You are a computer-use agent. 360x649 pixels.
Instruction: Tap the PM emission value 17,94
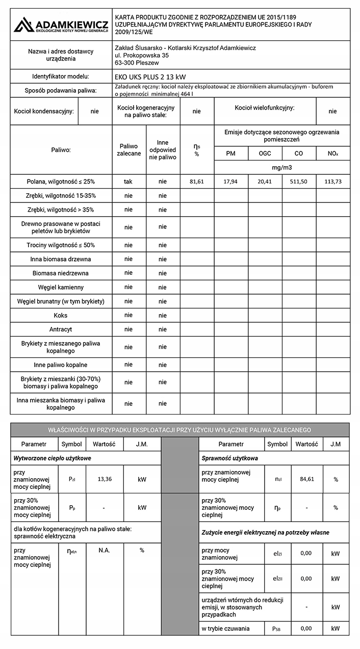[x=231, y=181]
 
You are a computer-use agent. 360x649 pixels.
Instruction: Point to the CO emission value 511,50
[x=299, y=181]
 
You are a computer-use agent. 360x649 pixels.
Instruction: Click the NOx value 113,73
[x=332, y=181]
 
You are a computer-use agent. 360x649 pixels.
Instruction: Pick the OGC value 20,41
[x=265, y=181]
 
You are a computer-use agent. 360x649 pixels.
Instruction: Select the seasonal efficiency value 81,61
[x=196, y=181]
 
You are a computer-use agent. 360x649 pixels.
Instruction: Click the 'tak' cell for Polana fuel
[x=128, y=181]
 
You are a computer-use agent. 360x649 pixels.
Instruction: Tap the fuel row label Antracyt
[x=61, y=329]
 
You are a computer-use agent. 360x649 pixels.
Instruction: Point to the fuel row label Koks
[x=61, y=316]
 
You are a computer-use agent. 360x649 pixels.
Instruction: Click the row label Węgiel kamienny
[x=61, y=288]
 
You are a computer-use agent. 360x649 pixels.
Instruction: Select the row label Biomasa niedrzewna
[x=61, y=273]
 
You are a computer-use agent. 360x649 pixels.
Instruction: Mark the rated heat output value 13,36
[x=104, y=479]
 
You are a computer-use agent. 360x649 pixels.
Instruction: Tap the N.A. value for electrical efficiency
[x=104, y=550]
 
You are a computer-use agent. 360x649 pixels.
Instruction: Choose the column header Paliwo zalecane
[x=128, y=150]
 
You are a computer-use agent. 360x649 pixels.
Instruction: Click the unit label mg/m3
[x=282, y=167]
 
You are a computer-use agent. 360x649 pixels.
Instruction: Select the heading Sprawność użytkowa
[x=230, y=458]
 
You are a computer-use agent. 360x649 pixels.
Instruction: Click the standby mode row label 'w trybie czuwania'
[x=226, y=629]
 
